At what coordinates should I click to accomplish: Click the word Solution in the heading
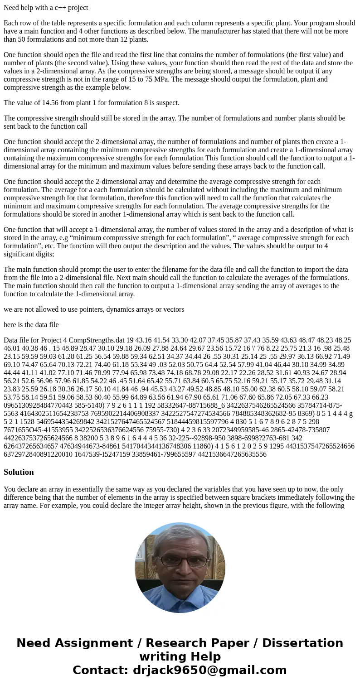tap(19, 472)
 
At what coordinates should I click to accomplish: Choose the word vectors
tap(172, 309)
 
